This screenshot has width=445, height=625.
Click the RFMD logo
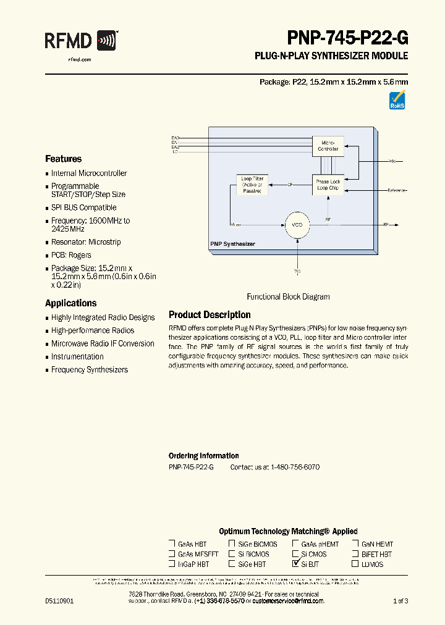(x=81, y=41)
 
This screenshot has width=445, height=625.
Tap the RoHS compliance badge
(x=397, y=100)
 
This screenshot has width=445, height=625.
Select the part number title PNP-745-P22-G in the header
(x=347, y=38)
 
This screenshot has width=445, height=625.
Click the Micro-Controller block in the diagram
(x=328, y=146)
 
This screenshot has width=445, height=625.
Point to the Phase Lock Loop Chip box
(x=328, y=185)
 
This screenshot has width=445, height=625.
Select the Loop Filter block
(x=252, y=185)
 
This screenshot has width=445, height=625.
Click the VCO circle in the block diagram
(x=298, y=224)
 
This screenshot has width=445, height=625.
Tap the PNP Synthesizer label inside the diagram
(x=232, y=245)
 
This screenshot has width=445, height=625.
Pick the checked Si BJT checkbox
(x=295, y=564)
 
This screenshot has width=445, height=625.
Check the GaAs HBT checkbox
(x=172, y=544)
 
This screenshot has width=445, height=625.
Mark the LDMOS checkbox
(x=355, y=564)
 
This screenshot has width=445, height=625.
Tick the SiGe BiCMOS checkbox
(x=232, y=544)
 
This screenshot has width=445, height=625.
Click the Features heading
(x=63, y=159)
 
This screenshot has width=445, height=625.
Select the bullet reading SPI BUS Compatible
(x=83, y=208)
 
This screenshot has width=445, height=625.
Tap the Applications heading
(x=70, y=303)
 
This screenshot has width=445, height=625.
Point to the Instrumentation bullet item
(x=77, y=356)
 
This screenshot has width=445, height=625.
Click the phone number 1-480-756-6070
(x=295, y=468)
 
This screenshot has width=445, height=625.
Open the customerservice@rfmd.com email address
(x=284, y=601)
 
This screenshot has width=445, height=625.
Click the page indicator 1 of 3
(x=400, y=601)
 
